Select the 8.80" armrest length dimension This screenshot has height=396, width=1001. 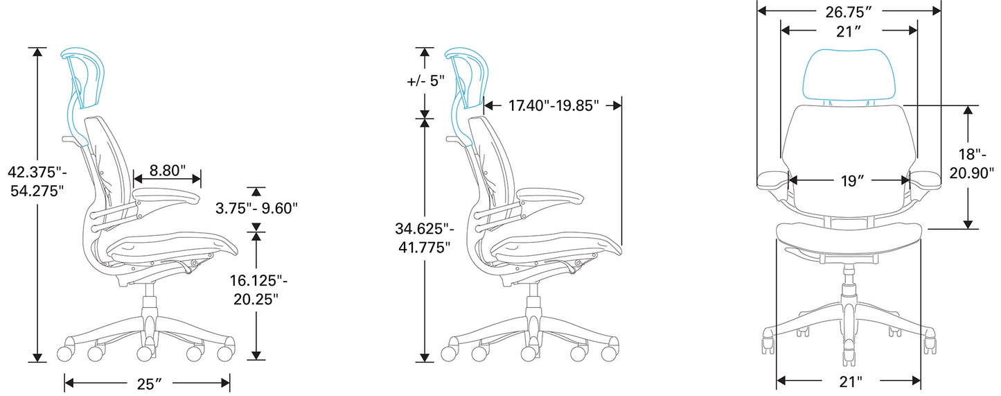click(x=167, y=171)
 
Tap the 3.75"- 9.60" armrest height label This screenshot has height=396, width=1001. click(x=256, y=208)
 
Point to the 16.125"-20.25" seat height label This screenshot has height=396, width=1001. click(x=258, y=289)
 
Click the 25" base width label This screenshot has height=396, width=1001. click(x=149, y=384)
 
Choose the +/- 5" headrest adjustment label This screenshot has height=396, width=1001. click(x=426, y=81)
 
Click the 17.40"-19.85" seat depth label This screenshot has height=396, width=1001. click(x=553, y=105)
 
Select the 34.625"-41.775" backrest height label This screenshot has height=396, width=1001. click(x=425, y=238)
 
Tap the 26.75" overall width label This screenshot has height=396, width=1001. click(x=849, y=12)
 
